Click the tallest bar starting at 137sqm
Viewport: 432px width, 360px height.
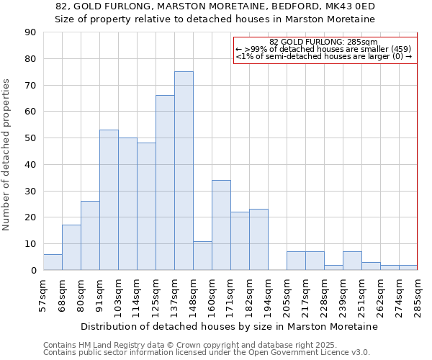pos(184,171)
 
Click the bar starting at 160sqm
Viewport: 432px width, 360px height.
pos(221,225)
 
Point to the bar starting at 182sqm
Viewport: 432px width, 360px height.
pos(258,240)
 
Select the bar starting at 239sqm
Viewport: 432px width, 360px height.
pos(352,261)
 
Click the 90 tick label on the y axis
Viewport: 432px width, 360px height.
pos(30,32)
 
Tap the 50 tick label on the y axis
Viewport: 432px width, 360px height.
pos(30,138)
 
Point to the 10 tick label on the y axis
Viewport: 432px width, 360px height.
pos(30,244)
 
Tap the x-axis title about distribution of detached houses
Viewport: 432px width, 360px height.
pos(229,327)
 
